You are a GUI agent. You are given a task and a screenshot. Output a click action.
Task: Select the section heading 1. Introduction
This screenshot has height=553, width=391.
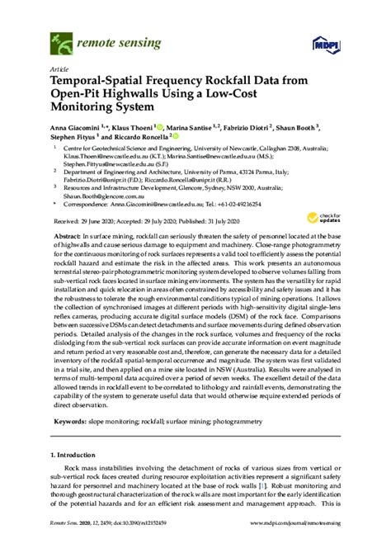click(79, 455)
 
